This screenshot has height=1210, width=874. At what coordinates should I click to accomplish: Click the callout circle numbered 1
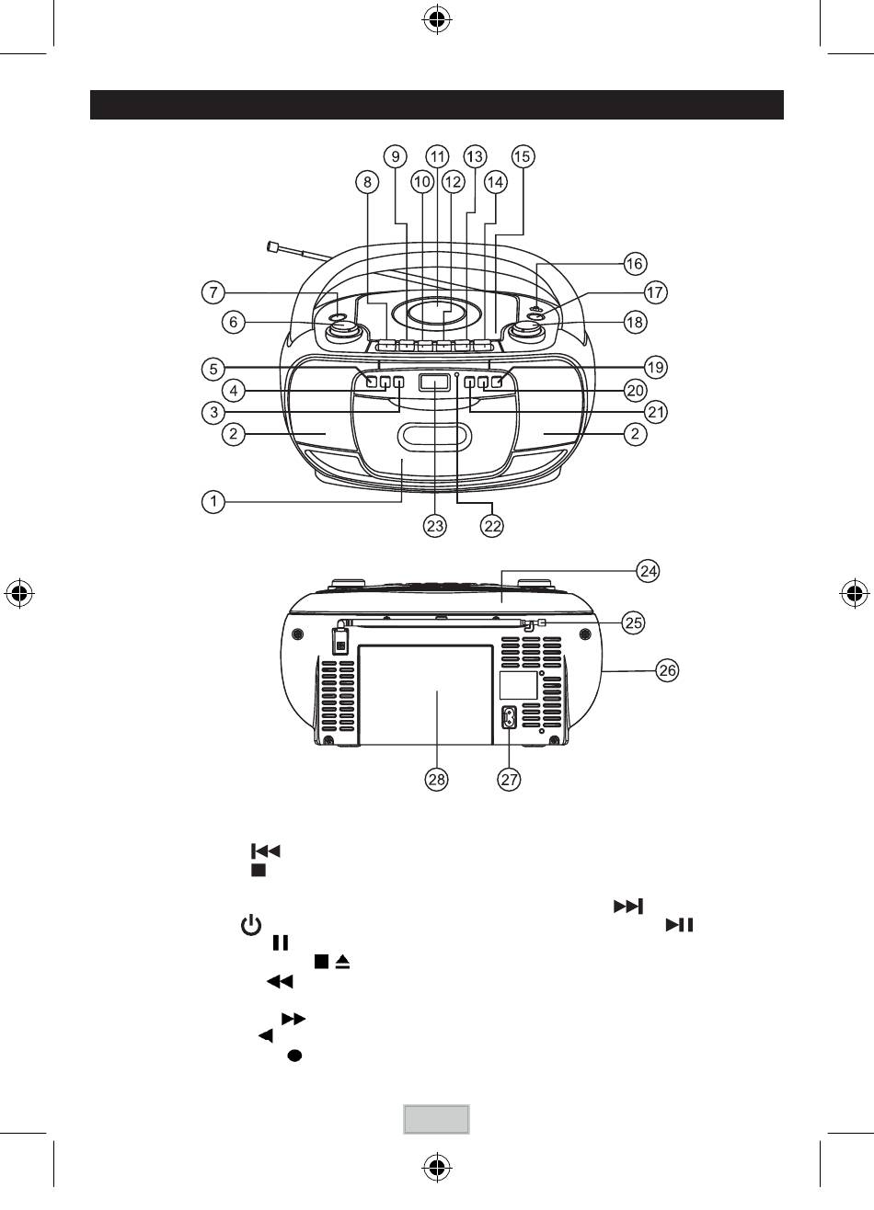pyautogui.click(x=213, y=502)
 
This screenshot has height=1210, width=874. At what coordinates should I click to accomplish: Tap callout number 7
pyautogui.click(x=213, y=292)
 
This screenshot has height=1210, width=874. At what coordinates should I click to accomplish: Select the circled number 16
pyautogui.click(x=635, y=264)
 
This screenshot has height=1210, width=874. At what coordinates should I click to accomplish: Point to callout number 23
pyautogui.click(x=435, y=526)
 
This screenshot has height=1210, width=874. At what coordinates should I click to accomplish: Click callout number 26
pyautogui.click(x=667, y=670)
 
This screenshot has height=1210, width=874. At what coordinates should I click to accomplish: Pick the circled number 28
pyautogui.click(x=436, y=779)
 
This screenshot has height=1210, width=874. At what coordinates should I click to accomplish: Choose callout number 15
pyautogui.click(x=523, y=156)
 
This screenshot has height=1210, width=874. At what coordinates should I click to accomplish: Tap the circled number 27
pyautogui.click(x=509, y=779)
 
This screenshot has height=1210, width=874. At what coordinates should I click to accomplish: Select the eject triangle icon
pyautogui.click(x=342, y=962)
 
